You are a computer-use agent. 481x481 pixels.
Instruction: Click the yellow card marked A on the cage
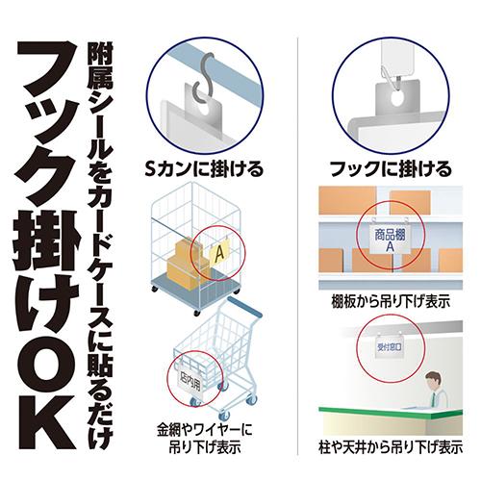tap(218, 253)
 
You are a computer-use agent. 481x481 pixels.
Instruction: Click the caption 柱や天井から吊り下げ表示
tap(390, 447)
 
